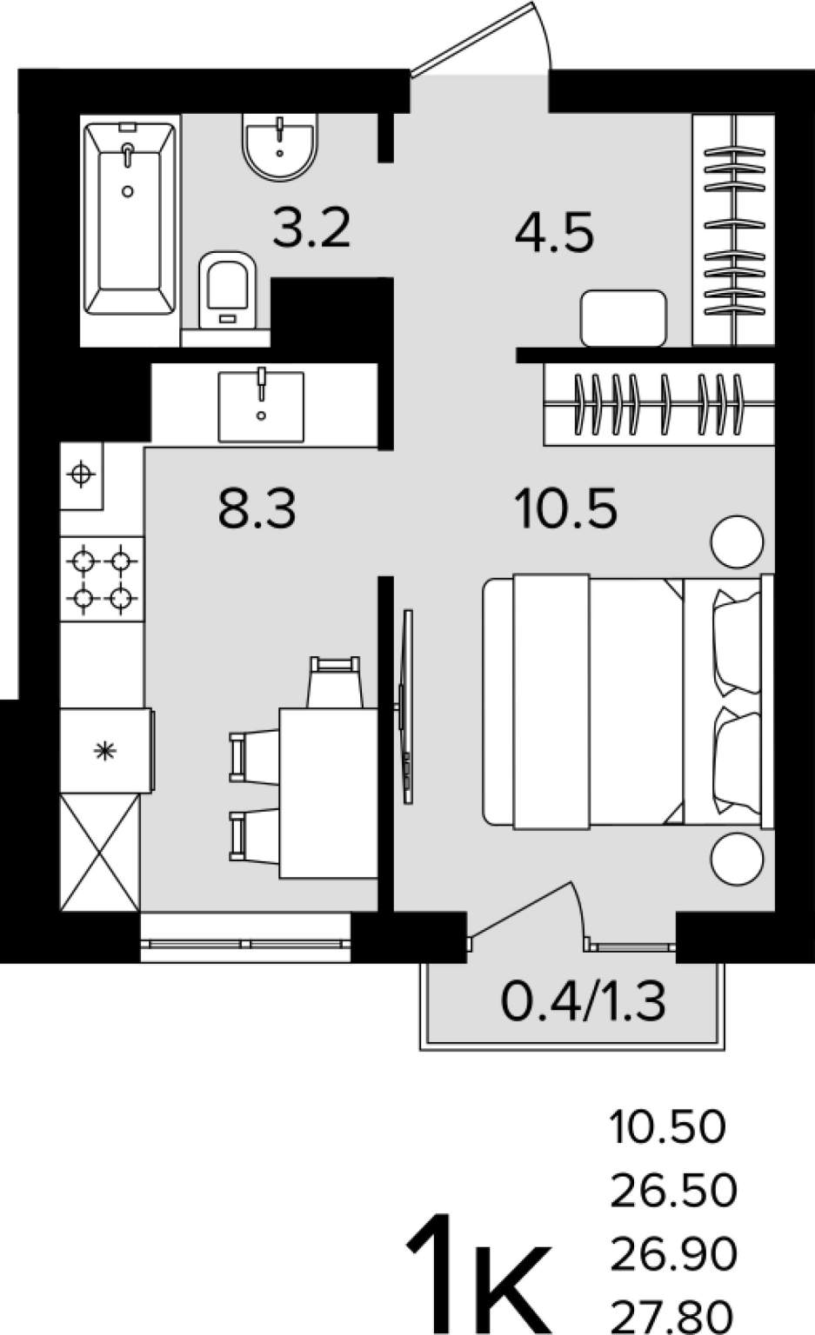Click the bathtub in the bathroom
click(x=130, y=219)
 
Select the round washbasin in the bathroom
click(x=280, y=146)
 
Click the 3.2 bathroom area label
click(x=311, y=228)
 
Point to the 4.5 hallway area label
click(x=554, y=232)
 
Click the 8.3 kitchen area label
click(x=257, y=508)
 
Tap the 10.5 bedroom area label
click(x=567, y=508)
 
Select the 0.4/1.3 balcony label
click(x=583, y=1001)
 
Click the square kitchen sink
click(x=261, y=406)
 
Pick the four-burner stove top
click(x=102, y=579)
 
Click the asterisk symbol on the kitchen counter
click(x=106, y=751)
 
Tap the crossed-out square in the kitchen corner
click(x=100, y=853)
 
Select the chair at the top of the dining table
click(x=335, y=681)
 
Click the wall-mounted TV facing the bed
click(x=407, y=707)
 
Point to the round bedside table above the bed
click(x=737, y=541)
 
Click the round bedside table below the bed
click(x=737, y=859)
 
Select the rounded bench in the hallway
click(x=624, y=317)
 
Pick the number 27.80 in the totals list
click(x=672, y=1318)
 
